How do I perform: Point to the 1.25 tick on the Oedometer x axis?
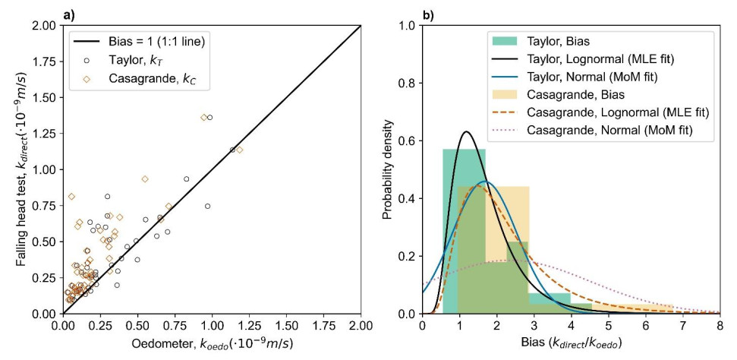248,326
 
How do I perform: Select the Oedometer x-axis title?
212,344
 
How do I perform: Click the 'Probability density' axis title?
389,169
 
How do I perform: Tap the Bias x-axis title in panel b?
571,344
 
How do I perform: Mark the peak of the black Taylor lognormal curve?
467,132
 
